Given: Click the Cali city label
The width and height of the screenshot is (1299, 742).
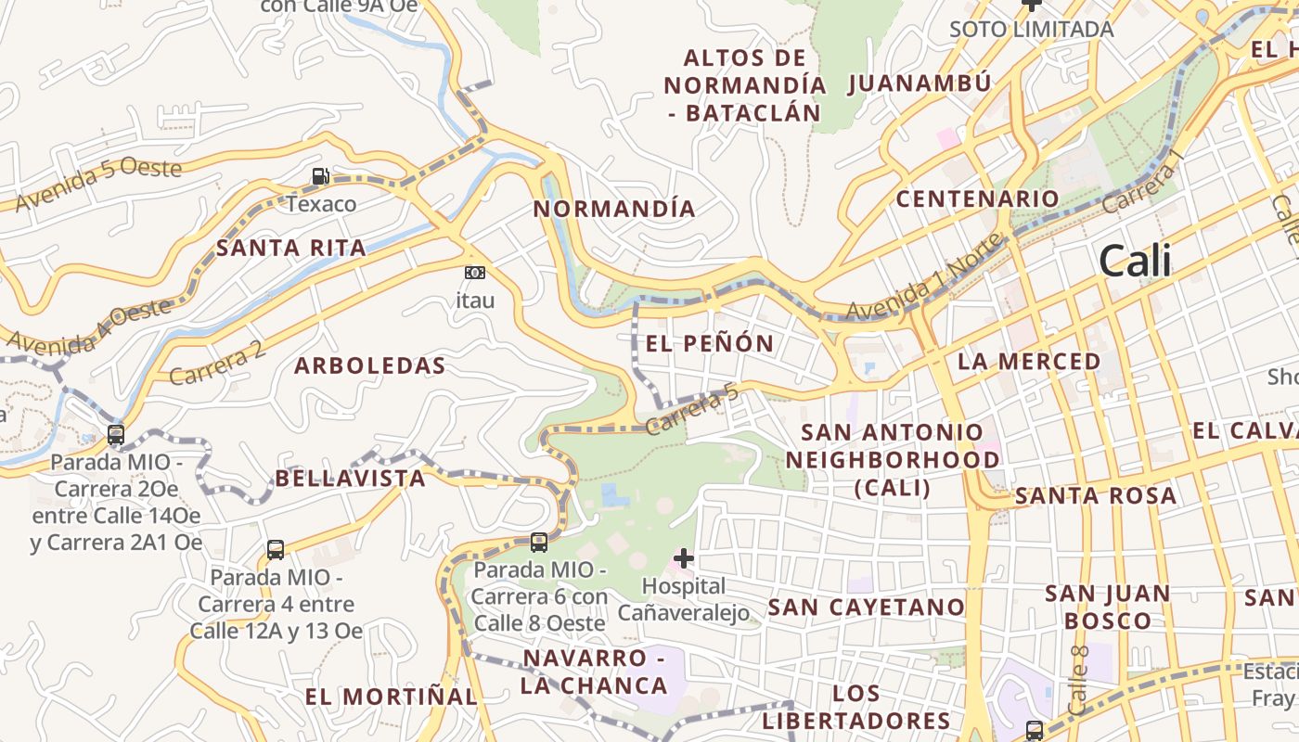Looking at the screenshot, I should (x=1135, y=262).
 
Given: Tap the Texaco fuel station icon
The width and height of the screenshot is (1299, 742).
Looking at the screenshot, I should (x=320, y=175).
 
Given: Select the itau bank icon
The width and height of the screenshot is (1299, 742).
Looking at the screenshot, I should (x=474, y=273).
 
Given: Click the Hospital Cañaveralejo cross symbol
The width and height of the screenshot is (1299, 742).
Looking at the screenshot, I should (x=684, y=557).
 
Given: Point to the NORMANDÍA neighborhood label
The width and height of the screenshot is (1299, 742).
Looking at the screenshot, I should (x=614, y=209).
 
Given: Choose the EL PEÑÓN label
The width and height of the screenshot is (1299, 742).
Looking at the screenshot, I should (x=710, y=343).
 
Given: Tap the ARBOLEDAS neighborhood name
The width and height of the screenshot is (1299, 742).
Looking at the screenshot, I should (x=370, y=365).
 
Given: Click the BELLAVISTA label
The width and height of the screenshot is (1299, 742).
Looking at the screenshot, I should (x=350, y=479).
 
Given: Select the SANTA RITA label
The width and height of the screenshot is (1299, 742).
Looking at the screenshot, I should (x=290, y=248).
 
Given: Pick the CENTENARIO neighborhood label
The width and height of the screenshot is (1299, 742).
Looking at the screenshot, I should (x=977, y=198).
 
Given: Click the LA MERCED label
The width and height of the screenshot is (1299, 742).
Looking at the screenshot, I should (x=1029, y=362).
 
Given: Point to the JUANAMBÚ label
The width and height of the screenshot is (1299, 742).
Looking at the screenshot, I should (x=920, y=83).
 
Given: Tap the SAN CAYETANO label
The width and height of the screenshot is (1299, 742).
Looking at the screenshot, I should (x=867, y=608).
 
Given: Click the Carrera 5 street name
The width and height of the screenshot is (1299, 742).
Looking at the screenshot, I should (x=693, y=411).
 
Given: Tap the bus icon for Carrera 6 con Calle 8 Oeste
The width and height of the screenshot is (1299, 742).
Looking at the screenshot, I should (x=539, y=543).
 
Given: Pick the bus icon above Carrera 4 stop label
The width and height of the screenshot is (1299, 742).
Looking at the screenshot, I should (x=276, y=549).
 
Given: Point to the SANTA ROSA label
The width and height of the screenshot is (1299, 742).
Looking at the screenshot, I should (x=1096, y=495).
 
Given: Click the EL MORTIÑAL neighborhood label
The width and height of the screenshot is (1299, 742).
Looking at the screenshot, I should (x=391, y=697).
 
